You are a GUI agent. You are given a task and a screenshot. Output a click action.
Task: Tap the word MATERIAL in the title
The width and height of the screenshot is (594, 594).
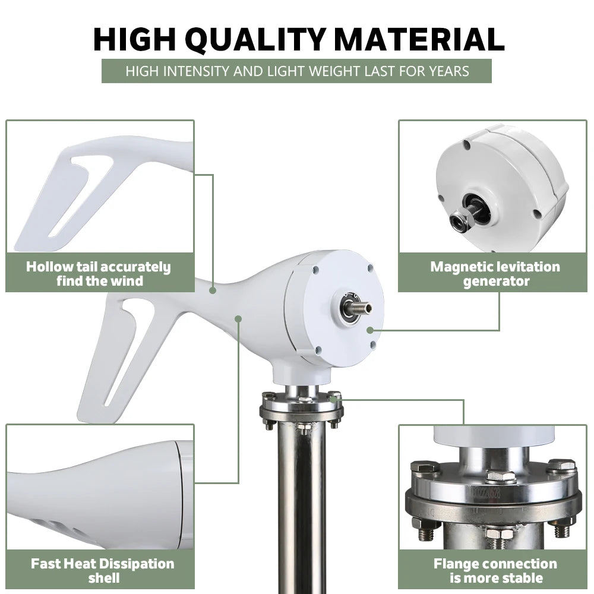420,39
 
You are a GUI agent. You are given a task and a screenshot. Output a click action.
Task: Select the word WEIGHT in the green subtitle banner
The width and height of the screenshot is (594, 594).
334,71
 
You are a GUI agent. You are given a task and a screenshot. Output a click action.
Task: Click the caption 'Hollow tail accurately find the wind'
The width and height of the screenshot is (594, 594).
99,273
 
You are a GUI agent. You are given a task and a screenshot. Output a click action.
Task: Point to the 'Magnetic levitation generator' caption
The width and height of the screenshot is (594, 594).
495,273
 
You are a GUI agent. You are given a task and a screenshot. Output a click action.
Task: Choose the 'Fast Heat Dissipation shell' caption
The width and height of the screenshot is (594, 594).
103,570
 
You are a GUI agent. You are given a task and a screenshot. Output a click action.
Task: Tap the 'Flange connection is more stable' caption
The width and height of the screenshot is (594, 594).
495,570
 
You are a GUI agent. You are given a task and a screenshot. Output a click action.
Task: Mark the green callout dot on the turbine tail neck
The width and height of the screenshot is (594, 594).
213,290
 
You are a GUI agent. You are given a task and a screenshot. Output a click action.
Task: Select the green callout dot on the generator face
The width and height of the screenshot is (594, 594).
370,330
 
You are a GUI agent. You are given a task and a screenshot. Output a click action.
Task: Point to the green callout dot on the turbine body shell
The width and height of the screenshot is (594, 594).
238,319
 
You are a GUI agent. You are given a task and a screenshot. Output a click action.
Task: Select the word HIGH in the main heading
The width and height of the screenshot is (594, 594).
134,39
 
